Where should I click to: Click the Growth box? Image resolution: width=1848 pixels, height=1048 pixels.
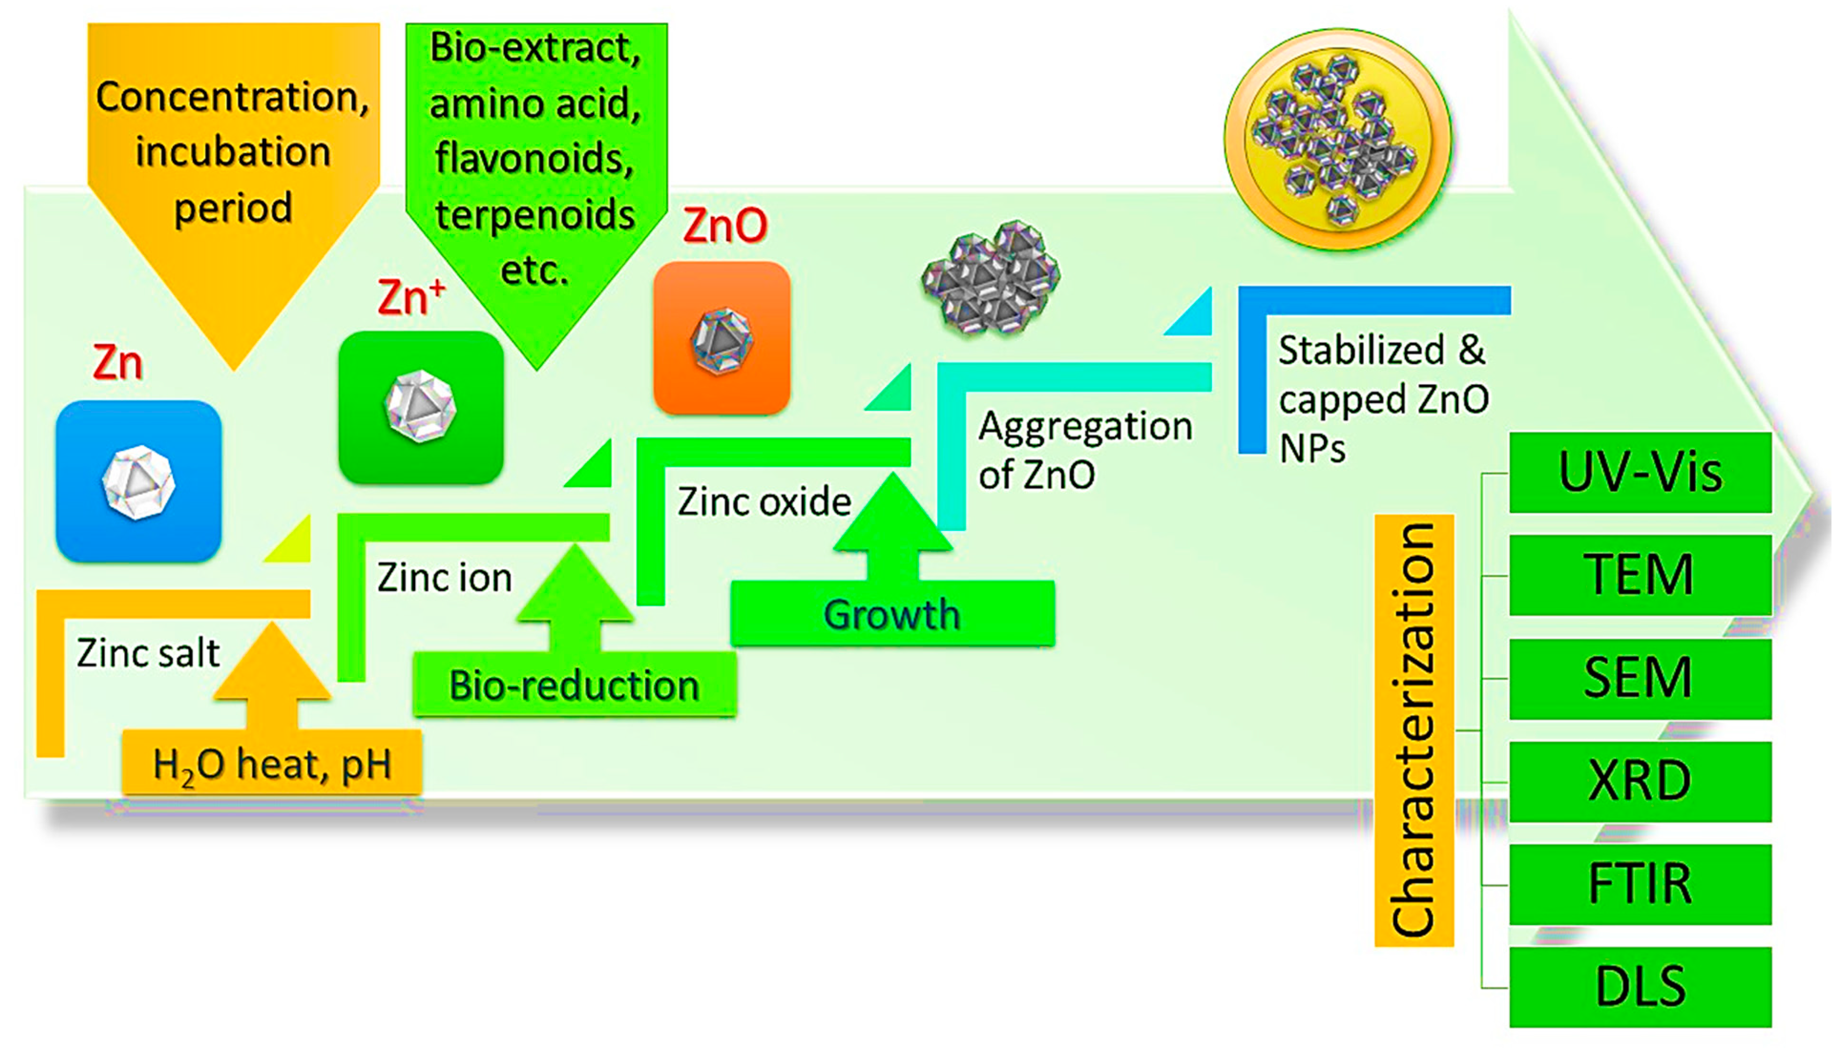[892, 614]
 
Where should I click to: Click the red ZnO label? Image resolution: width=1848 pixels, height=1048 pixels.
[725, 226]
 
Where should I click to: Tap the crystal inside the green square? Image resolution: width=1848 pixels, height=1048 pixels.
[420, 407]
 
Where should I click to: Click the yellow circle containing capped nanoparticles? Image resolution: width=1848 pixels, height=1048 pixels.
[1337, 139]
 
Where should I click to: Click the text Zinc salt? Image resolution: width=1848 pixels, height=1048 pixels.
[147, 654]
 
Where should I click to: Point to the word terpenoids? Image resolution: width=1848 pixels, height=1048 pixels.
[535, 215]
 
